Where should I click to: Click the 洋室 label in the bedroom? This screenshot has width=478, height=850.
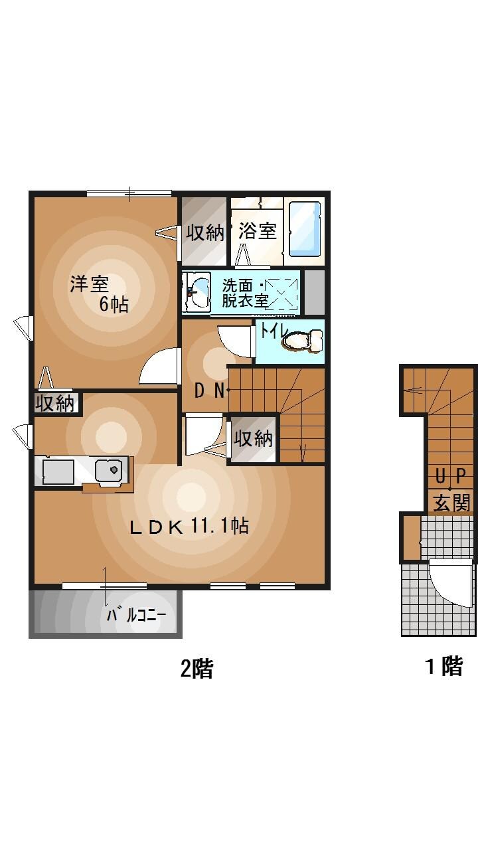click(90, 284)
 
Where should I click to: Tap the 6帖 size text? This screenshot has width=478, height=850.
click(114, 305)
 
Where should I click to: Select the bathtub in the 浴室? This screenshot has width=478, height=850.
click(305, 228)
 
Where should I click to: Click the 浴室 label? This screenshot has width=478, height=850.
click(257, 232)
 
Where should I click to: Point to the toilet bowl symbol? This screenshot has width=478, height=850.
click(303, 342)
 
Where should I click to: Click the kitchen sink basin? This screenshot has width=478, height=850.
click(109, 471)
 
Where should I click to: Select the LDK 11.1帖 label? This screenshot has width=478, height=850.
click(189, 527)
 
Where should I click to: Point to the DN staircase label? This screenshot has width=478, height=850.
click(209, 391)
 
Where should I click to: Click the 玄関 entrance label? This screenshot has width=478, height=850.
click(451, 502)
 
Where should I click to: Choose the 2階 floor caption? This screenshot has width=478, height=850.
click(197, 668)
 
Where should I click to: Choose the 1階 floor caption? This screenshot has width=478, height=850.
click(443, 666)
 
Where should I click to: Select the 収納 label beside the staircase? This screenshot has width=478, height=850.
click(254, 438)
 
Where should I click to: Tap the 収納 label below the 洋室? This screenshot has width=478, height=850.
click(56, 403)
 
